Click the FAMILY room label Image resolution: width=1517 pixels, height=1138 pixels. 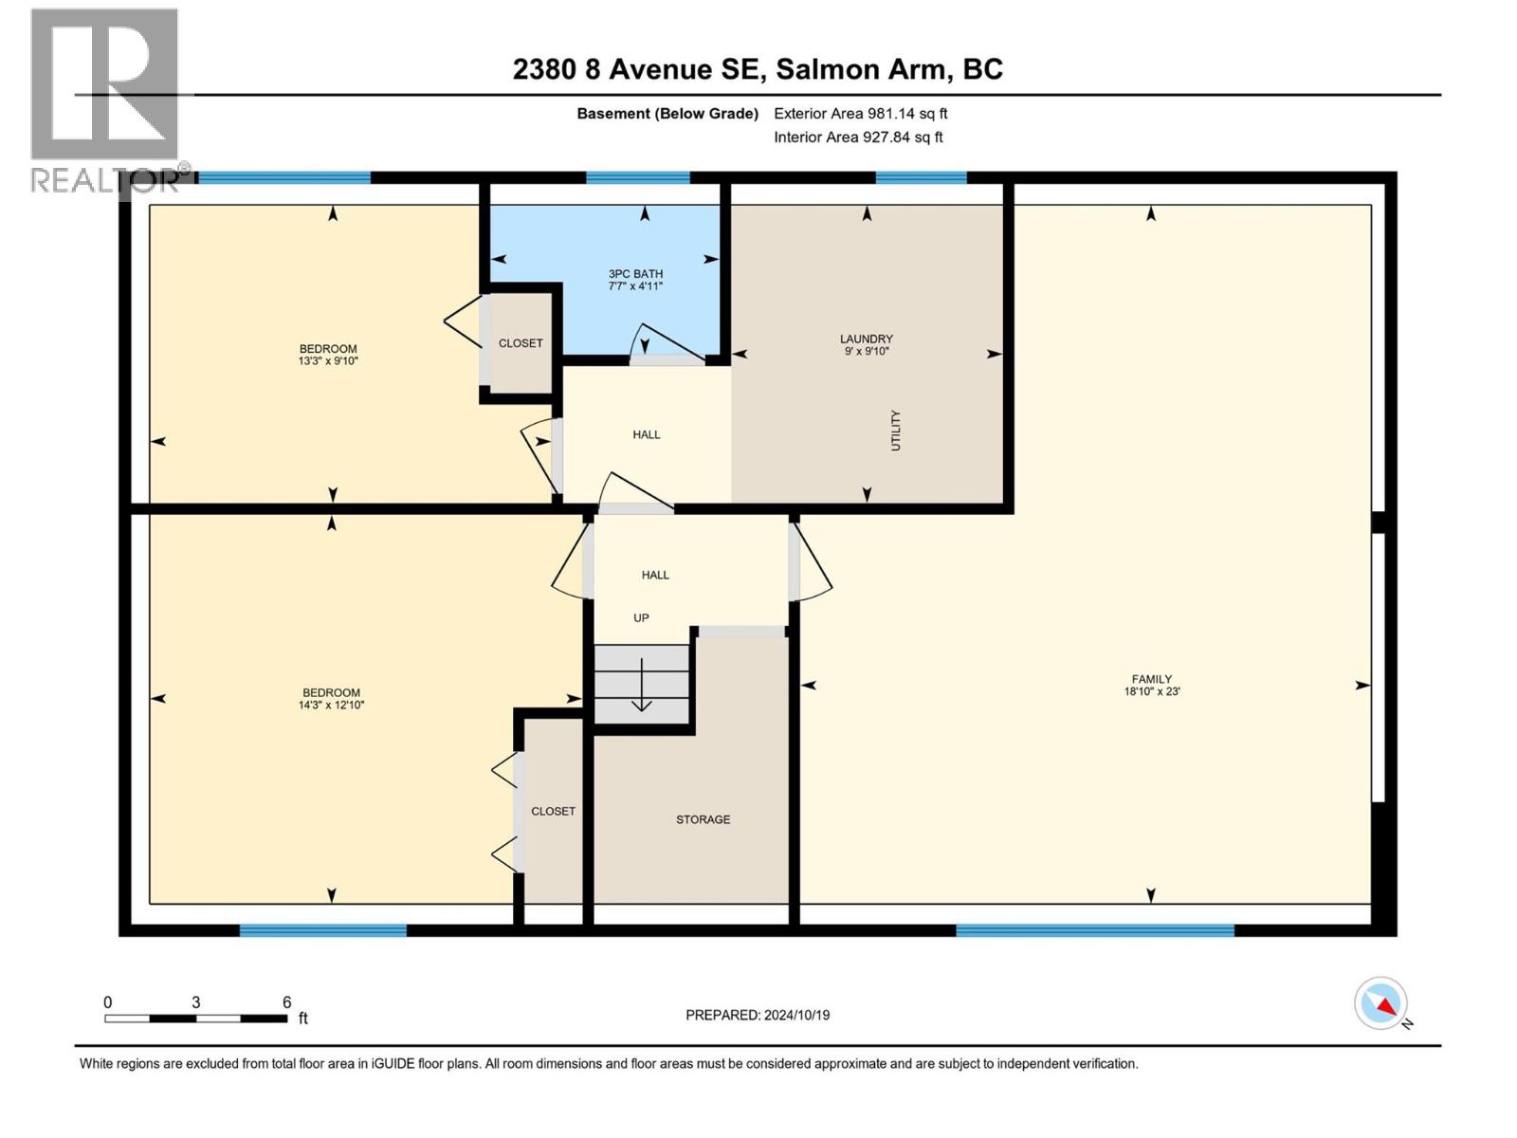coord(1151,679)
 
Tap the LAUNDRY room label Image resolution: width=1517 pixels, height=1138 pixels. coord(866,339)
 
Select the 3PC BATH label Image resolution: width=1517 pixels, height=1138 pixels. coord(635,274)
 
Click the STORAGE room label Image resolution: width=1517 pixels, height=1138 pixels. coord(703,819)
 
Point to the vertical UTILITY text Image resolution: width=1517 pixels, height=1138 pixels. coord(895,431)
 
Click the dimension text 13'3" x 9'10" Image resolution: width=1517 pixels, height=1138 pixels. coord(328,361)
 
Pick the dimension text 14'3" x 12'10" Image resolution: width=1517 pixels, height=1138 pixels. coord(332,706)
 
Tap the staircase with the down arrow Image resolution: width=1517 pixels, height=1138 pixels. coord(642,684)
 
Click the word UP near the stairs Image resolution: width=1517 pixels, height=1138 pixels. coord(641,618)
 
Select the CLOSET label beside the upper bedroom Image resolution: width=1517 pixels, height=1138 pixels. coord(521,343)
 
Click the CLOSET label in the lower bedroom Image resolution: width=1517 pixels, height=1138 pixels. coord(553,812)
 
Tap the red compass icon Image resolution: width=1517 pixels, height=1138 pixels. coord(1381,1003)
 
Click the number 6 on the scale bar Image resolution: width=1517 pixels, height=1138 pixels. coord(286,1002)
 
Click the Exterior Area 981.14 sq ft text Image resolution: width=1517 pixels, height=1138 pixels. coord(860,114)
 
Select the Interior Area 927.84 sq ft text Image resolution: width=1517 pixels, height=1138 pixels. coord(858,138)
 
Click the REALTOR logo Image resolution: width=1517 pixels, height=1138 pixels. coord(104,100)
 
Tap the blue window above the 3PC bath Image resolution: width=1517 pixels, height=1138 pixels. coord(637,177)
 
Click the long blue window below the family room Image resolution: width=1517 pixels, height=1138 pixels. coord(1095,930)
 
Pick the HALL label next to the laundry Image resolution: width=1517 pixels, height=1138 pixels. coord(647,434)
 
